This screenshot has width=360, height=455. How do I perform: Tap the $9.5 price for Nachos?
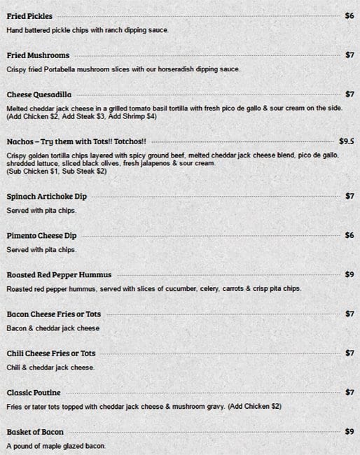point(346,141)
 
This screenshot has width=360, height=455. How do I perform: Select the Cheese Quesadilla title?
point(39,94)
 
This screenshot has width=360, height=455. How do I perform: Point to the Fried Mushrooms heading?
point(38,55)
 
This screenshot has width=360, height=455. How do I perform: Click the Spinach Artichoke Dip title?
point(46,196)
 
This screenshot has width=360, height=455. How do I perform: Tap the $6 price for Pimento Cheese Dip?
point(349,235)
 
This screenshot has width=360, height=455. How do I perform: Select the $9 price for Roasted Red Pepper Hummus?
point(349,274)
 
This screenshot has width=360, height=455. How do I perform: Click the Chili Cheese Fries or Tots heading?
point(51,353)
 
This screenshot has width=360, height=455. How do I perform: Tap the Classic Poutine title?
point(34,392)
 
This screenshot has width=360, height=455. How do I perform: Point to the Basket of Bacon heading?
point(35,432)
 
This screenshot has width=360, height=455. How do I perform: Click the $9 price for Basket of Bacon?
point(349,432)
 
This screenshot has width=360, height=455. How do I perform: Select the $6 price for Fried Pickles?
point(349,15)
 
